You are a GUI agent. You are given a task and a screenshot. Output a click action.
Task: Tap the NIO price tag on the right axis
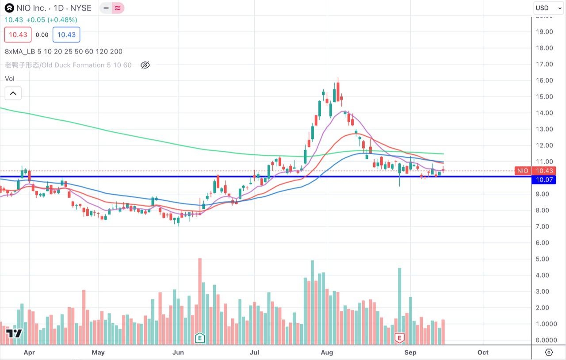coord(523,171)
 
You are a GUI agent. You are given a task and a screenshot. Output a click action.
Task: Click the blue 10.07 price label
coord(544,180)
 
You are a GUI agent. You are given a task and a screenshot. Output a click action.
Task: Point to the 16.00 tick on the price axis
coord(544,80)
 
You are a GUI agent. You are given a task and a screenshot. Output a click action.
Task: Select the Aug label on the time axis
coord(327,352)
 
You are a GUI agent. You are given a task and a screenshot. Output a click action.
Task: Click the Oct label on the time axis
coord(483,352)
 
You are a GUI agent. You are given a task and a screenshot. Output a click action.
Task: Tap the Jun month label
coord(178,352)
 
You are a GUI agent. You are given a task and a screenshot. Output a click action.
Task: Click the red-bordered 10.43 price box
coord(18,35)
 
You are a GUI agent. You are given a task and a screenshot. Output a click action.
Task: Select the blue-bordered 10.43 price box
coord(66,35)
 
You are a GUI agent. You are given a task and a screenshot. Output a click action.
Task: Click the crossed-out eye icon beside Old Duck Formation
coord(145,65)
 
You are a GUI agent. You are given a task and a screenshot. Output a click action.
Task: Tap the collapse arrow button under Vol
coord(13,93)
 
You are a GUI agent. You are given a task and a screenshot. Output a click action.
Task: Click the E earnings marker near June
coord(200,338)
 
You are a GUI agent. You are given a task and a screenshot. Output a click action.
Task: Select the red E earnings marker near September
coord(400,338)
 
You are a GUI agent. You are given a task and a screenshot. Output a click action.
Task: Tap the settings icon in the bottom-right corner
coord(549,352)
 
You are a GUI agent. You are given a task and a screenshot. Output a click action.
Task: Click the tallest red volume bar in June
coord(200,301)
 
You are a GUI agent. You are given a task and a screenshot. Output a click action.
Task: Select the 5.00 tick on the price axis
coord(544,259)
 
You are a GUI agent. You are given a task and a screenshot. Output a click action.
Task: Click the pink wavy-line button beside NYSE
coord(118,8)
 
